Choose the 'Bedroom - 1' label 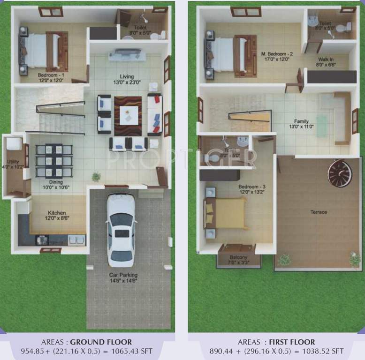[51, 75]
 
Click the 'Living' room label [126, 76]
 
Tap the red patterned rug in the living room [128, 116]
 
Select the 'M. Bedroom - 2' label [277, 54]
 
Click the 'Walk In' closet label [326, 60]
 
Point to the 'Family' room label [302, 121]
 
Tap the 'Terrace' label [319, 212]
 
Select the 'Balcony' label [238, 257]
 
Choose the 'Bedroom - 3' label [249, 186]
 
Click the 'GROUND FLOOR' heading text [101, 342]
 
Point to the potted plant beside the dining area [96, 177]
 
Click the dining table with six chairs [54, 160]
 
